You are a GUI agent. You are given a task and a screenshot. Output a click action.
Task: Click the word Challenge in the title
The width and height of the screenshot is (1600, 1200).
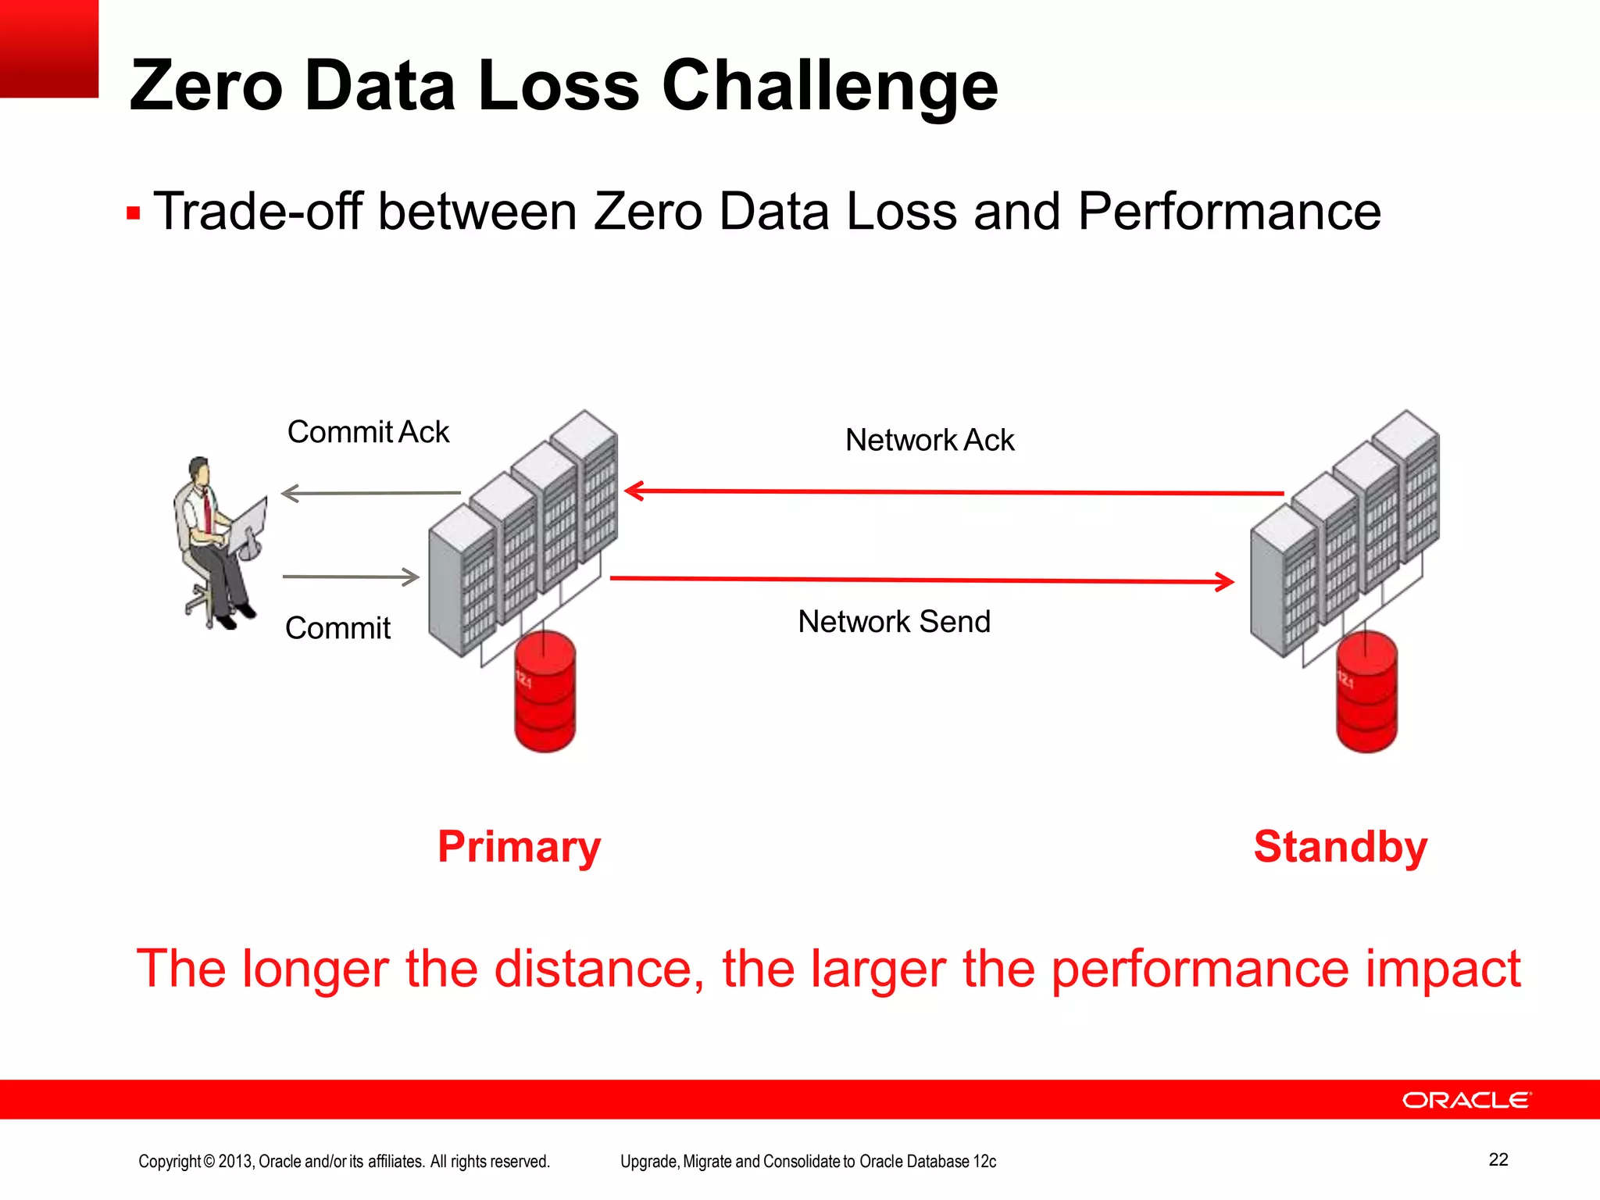(x=830, y=86)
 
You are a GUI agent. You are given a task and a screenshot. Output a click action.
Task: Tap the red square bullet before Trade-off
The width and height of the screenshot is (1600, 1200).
(x=134, y=213)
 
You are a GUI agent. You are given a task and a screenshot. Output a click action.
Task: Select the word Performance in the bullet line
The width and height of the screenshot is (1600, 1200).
(x=1229, y=212)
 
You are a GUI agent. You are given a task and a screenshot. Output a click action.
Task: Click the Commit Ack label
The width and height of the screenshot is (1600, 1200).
(x=368, y=432)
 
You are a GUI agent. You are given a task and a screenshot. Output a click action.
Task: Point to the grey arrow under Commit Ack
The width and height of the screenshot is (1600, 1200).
(x=371, y=493)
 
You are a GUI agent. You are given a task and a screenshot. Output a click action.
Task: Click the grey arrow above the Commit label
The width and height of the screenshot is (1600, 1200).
(x=351, y=577)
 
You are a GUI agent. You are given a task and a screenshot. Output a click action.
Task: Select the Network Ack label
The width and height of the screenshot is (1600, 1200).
(x=929, y=441)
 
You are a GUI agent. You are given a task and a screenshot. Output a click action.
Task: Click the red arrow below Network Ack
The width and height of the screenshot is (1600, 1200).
(x=953, y=492)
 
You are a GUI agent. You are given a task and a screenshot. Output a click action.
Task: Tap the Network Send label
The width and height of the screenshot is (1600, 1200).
(x=894, y=622)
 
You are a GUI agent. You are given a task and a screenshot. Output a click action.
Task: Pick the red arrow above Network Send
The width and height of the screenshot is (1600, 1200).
(x=922, y=580)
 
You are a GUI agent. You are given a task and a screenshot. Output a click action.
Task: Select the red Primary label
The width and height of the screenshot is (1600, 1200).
(x=519, y=847)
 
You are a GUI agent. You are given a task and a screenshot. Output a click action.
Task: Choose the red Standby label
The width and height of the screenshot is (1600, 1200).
(x=1340, y=847)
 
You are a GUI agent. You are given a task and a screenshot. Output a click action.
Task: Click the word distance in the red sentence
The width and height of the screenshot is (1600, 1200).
(x=594, y=969)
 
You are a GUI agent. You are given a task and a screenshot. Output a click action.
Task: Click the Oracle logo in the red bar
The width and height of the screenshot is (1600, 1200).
(x=1466, y=1100)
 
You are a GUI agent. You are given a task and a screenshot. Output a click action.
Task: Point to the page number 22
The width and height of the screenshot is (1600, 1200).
(x=1498, y=1159)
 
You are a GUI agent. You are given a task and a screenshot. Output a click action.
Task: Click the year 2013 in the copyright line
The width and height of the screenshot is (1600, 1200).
(x=234, y=1162)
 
